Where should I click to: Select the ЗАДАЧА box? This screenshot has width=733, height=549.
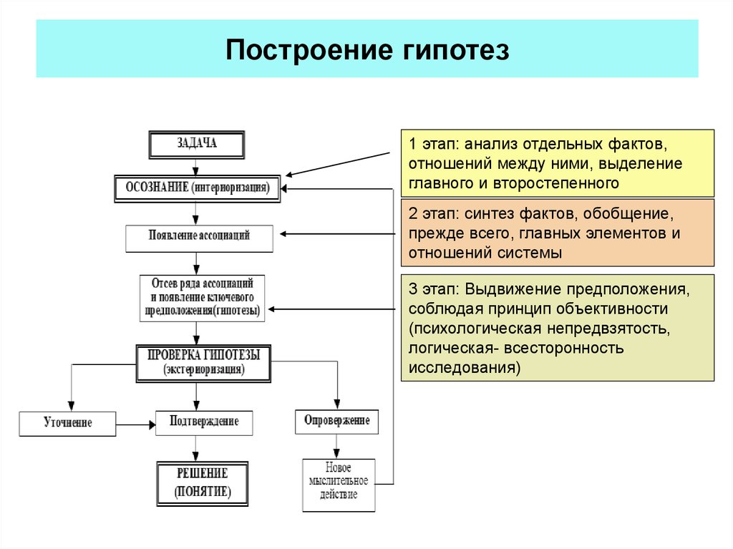(196, 144)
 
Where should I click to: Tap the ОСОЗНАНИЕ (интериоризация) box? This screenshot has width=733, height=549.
(197, 188)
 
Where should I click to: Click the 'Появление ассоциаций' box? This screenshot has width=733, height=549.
(199, 238)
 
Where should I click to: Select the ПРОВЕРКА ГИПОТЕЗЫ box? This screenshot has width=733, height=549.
(203, 362)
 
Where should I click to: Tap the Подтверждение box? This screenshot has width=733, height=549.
(204, 422)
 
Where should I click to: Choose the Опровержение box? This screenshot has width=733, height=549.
(336, 421)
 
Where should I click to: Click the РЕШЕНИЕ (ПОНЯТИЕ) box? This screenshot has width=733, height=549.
(203, 483)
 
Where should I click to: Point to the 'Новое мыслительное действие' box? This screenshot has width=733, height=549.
(338, 485)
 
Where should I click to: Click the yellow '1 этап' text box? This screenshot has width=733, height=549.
(557, 163)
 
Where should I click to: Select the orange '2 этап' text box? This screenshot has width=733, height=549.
(557, 233)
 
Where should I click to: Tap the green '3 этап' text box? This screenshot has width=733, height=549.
(557, 327)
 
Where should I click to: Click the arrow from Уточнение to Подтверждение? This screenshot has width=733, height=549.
(135, 425)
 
